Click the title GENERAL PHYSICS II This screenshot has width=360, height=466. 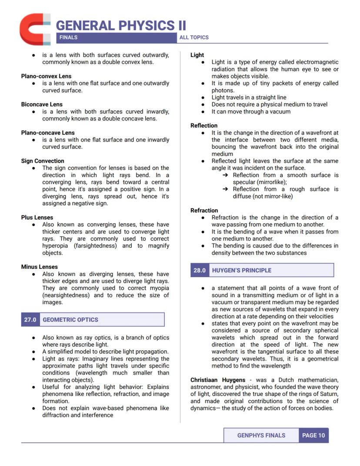(x=121, y=25)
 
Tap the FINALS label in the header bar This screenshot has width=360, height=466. (x=68, y=37)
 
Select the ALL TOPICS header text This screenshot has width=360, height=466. (x=194, y=37)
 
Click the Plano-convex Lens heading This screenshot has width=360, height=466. (x=46, y=76)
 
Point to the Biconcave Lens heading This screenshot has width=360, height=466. (x=42, y=104)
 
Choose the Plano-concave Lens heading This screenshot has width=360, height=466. (x=47, y=133)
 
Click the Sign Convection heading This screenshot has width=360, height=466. (x=43, y=161)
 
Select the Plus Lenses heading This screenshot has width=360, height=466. (x=37, y=218)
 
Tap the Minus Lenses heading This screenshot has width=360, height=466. (x=39, y=267)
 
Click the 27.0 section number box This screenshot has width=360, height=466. (x=30, y=320)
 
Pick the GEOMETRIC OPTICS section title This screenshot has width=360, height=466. (x=70, y=320)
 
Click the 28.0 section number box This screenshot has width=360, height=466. (x=200, y=270)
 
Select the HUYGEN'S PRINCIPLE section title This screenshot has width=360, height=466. (x=241, y=270)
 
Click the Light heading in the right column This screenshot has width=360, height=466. (x=197, y=55)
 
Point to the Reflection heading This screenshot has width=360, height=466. (x=204, y=126)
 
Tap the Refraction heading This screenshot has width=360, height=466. (x=204, y=211)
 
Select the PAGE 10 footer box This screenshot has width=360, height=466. (x=313, y=435)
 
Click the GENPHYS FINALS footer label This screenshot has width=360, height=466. (x=261, y=435)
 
